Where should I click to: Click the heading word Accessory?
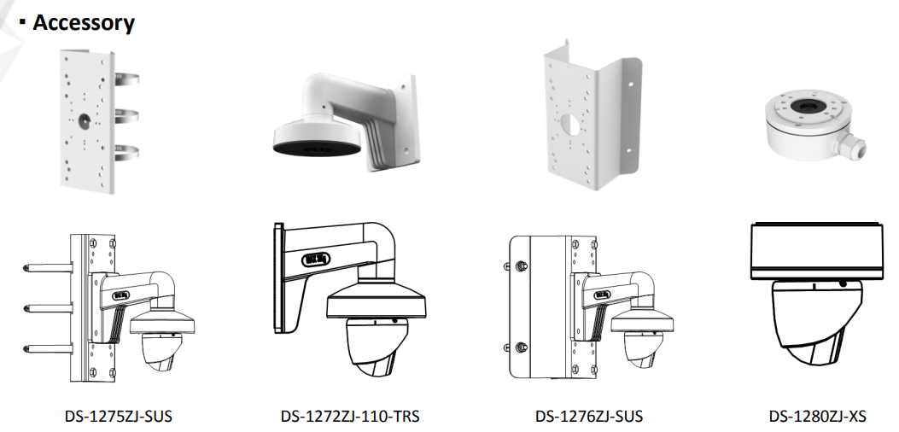[x=84, y=22]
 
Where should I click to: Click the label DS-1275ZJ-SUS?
[x=118, y=417]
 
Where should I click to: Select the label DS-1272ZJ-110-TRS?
[x=350, y=417]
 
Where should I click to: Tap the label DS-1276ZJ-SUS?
[x=589, y=417]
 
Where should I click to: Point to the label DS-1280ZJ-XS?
[x=817, y=417]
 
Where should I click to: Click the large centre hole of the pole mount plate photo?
[x=85, y=120]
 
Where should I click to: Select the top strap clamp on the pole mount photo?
[x=126, y=79]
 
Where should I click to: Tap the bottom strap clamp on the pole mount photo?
[x=126, y=153]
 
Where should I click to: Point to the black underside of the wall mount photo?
[x=317, y=149]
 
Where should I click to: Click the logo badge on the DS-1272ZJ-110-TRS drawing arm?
[x=315, y=260]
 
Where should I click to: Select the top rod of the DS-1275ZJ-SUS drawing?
[x=48, y=267]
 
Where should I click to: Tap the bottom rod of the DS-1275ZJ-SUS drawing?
[x=48, y=349]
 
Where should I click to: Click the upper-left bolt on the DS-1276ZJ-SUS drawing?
[x=520, y=266]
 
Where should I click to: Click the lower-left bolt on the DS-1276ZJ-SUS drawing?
[x=520, y=347]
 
